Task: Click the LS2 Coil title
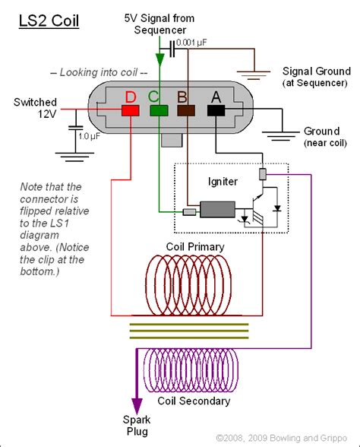(x=49, y=21)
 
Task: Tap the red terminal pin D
(x=131, y=110)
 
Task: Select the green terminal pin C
(x=159, y=110)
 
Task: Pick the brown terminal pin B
(x=186, y=110)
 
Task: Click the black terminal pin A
(x=216, y=110)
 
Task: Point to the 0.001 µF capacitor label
(x=191, y=43)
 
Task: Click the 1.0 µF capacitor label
(x=89, y=136)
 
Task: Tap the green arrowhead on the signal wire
(x=159, y=59)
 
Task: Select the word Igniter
(x=223, y=182)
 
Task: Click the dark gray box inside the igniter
(x=217, y=210)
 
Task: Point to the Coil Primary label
(x=195, y=247)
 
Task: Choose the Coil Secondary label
(x=194, y=401)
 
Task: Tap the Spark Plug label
(x=137, y=426)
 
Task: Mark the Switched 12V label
(x=35, y=108)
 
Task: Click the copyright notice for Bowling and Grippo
(x=282, y=438)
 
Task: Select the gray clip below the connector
(x=172, y=140)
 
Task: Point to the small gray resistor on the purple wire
(x=263, y=174)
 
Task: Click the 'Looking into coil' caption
(x=99, y=72)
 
